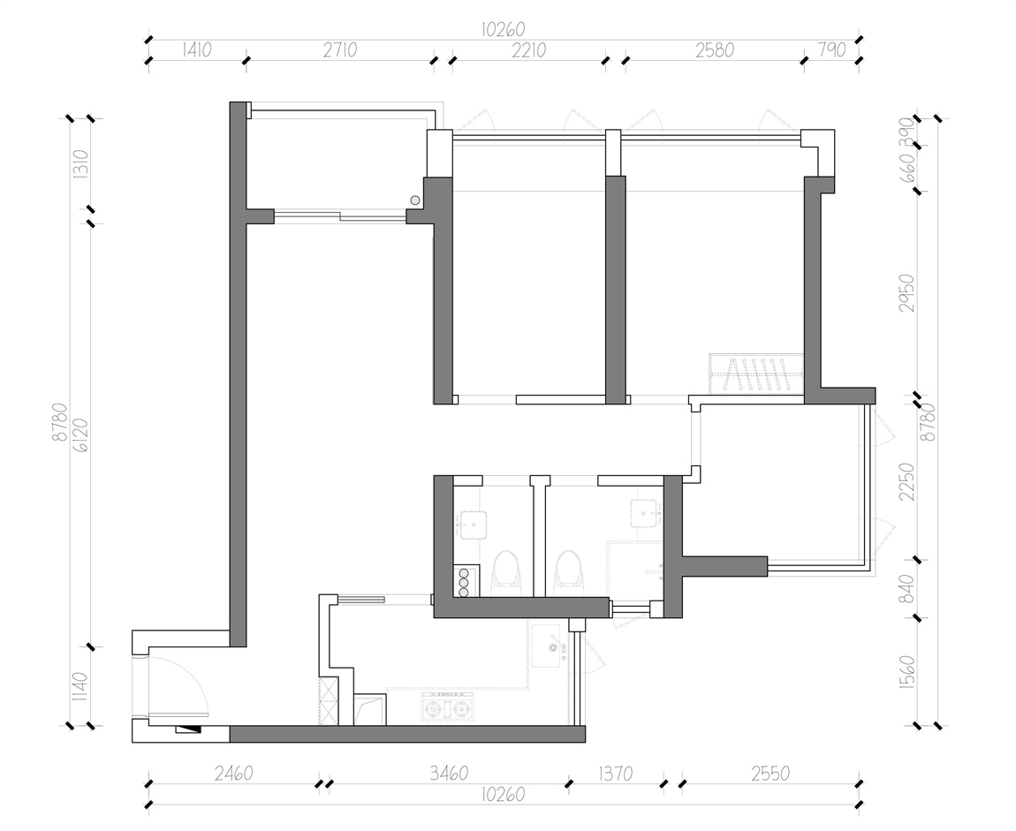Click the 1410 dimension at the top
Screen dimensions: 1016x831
pos(197,49)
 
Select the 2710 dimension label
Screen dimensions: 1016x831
pos(340,49)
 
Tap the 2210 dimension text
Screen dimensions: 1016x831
pos(528,49)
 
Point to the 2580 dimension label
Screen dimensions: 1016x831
pos(715,49)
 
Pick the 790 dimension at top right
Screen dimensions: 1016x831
pos(832,49)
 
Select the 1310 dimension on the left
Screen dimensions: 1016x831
pos(81,164)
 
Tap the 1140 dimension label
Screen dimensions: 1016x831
pos(80,686)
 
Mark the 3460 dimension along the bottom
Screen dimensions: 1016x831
pos(449,774)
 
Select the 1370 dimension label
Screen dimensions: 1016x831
pos(615,774)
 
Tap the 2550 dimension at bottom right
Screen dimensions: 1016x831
pos(770,774)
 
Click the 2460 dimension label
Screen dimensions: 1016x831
pos(233,774)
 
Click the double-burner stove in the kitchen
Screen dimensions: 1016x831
pos(447,708)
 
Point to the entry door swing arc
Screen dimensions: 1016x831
pos(194,674)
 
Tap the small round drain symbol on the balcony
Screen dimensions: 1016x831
pos(414,200)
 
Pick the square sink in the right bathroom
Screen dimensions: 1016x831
pos(645,514)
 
